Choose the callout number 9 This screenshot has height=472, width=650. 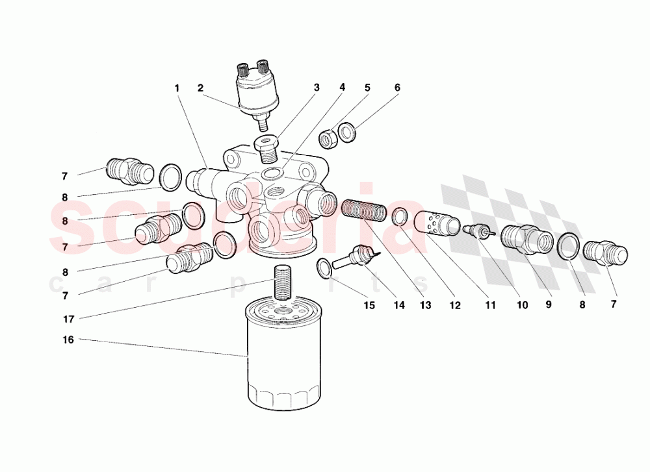tap(548, 304)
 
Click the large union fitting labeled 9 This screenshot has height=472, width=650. tap(527, 238)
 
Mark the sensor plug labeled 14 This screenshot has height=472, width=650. tap(354, 256)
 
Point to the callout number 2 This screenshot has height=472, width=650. tap(201, 87)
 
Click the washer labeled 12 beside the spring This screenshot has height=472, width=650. tap(400, 216)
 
